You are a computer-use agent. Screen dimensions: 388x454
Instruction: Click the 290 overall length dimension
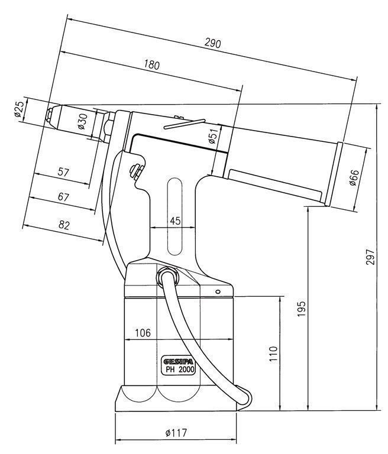coord(213,43)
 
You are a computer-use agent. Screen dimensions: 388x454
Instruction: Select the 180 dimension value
coord(151,65)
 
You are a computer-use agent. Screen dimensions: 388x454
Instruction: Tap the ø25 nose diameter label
coord(18,109)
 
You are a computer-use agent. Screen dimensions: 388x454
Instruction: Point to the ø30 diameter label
coord(82,121)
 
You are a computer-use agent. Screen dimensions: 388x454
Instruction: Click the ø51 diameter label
coord(213,136)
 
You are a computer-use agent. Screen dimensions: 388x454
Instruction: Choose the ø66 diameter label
coord(354,177)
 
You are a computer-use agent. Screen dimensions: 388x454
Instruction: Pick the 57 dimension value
coord(63,172)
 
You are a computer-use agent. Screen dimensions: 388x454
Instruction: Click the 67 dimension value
coord(63,197)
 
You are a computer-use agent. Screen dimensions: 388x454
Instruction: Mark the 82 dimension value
coord(64,225)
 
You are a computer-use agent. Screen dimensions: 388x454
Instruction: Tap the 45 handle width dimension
coord(175,221)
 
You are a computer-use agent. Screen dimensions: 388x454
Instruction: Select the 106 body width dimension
coord(143,333)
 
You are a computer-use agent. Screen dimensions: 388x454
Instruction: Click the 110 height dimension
coord(273,354)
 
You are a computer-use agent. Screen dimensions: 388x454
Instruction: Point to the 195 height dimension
coord(302,309)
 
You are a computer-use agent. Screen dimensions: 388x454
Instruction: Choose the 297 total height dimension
coord(370,257)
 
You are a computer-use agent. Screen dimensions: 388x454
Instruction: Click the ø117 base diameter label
coord(176,433)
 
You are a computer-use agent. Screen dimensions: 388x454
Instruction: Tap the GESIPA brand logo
coord(179,362)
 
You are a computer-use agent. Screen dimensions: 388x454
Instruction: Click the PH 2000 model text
coord(180,369)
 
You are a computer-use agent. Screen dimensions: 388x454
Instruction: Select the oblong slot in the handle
coord(174,216)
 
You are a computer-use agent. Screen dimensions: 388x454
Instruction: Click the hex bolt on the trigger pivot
coord(135,171)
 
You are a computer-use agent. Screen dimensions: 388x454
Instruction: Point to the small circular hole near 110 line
coord(218,291)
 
